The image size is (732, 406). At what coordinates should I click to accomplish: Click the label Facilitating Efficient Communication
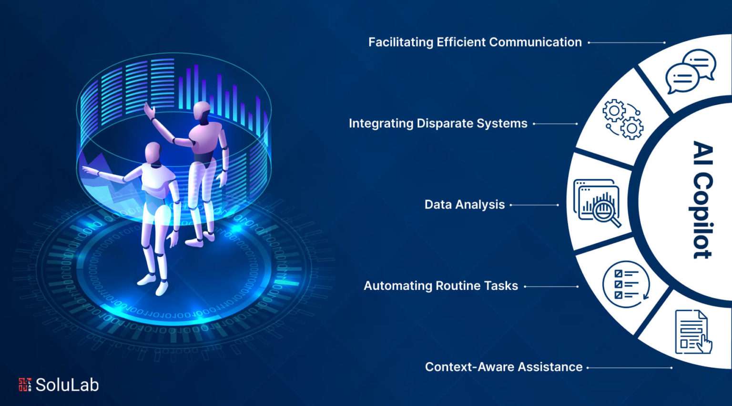point(475,42)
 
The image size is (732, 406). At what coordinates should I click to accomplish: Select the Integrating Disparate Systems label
point(438,123)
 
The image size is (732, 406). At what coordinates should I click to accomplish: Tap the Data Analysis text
point(464,205)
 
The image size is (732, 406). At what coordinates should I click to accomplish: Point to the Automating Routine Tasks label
point(441,286)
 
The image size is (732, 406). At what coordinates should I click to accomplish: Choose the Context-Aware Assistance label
point(504,367)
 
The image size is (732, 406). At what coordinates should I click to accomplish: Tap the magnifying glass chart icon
point(597,203)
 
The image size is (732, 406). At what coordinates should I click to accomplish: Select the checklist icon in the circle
point(626,284)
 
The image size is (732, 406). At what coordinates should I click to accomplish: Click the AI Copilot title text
point(702,200)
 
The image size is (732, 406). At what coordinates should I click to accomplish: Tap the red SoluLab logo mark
point(25,385)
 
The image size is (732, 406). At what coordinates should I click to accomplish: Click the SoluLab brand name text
point(67,385)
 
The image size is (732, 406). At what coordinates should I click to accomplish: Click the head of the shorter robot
point(153,153)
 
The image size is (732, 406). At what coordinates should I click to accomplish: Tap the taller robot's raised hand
point(149,110)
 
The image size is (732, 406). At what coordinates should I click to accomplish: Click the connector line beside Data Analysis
point(534,205)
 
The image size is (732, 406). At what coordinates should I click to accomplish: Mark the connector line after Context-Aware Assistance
point(630,367)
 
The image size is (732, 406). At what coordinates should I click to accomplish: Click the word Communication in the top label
point(535,42)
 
